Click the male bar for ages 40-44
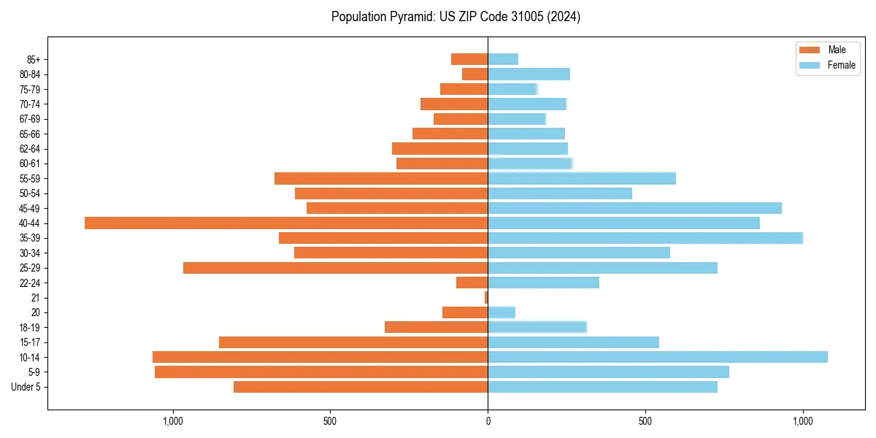286,223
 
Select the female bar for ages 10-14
657,357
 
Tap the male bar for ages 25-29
336,268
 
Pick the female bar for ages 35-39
645,238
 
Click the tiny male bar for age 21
486,298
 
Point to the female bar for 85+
503,59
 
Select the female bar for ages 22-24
543,283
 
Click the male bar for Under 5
361,387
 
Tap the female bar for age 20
502,312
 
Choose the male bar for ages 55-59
381,179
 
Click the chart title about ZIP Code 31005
456,17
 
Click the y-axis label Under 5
26,387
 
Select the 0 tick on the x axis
488,421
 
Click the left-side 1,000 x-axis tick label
173,421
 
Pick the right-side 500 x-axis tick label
645,421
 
